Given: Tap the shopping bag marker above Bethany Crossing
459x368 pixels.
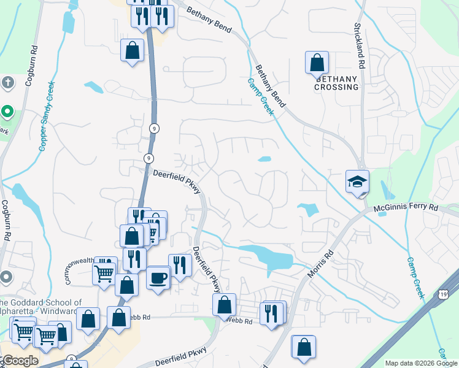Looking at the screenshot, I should [317, 63].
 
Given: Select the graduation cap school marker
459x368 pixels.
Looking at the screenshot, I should [357, 182].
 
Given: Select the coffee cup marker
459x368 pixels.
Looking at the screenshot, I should [158, 278].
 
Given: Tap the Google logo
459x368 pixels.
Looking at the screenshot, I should [20, 361].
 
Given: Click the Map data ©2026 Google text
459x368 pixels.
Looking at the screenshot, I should [420, 363].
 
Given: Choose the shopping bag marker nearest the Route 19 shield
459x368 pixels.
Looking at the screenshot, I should [304, 347].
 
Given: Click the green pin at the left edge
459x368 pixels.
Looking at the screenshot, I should [7, 112].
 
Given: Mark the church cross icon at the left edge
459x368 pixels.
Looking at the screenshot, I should [7, 82].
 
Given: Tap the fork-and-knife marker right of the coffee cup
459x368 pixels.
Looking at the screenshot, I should [180, 265].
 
